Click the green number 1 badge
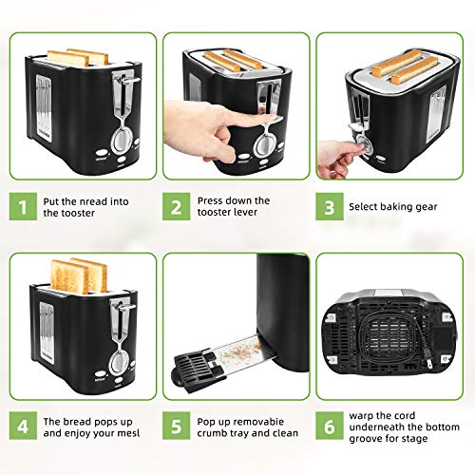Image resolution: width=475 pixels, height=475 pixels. tap(20, 208)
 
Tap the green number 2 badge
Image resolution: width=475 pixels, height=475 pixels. tap(175, 208)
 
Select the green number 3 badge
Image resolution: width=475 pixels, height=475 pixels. tap(328, 208)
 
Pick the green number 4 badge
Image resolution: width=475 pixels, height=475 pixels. tap(20, 428)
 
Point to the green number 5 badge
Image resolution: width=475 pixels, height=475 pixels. tap(175, 428)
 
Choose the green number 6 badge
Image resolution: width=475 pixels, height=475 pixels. tap(328, 428)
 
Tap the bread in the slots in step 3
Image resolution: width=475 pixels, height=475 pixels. tap(404, 64)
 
